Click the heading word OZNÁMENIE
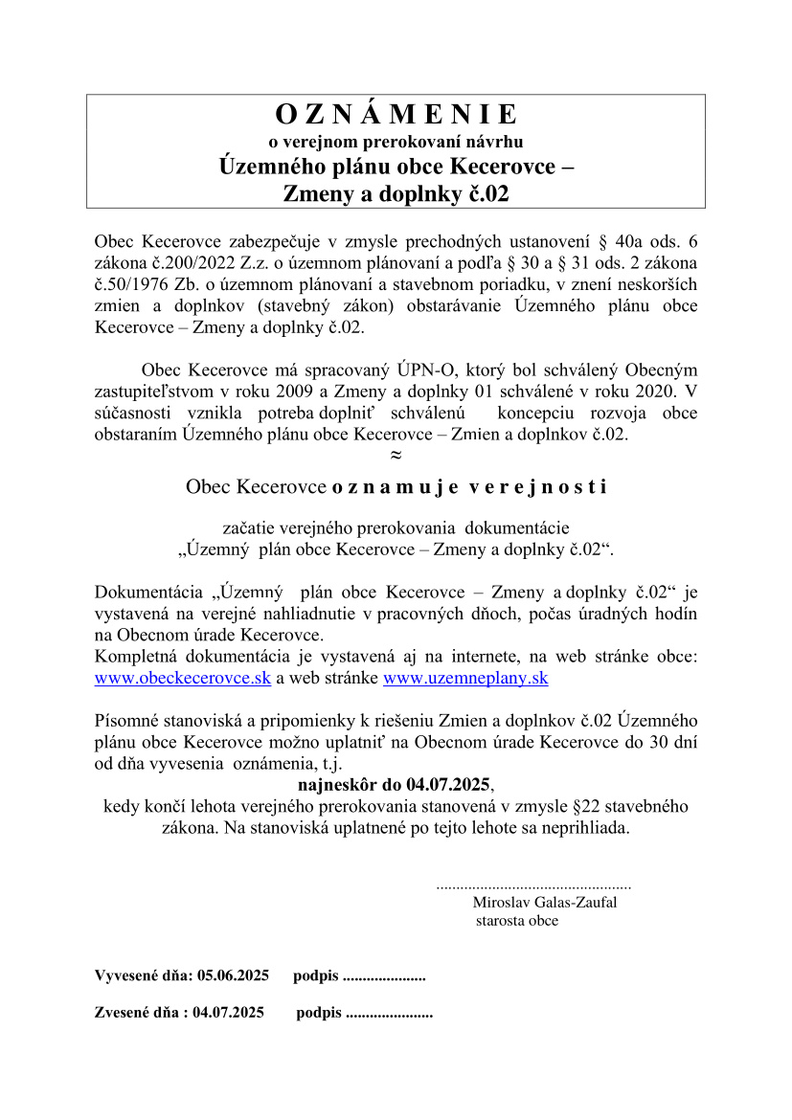(396, 115)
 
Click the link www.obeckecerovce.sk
(183, 679)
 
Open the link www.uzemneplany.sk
(465, 679)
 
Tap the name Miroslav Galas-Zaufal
(544, 902)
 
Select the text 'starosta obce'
(516, 921)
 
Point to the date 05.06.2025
(233, 976)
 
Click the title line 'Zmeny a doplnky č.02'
(396, 192)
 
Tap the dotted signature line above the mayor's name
(533, 886)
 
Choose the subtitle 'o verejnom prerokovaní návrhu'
(396, 142)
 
